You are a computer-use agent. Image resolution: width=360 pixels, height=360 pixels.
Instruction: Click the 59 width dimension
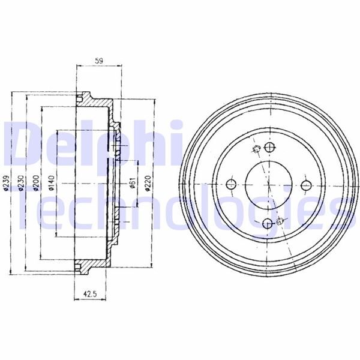(99, 60)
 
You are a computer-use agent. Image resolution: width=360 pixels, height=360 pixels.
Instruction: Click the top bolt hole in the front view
(269, 148)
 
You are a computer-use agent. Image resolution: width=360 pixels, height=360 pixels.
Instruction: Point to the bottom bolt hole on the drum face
(269, 224)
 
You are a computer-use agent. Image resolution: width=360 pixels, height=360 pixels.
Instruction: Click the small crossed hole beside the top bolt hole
(256, 150)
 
